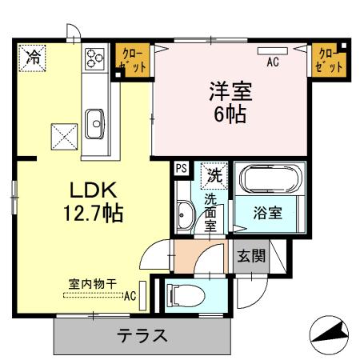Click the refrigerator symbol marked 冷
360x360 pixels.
pyautogui.click(x=33, y=58)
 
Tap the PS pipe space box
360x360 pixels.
pyautogui.click(x=181, y=169)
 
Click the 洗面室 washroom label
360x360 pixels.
pyautogui.click(x=210, y=212)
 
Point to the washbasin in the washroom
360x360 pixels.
pyautogui.click(x=185, y=214)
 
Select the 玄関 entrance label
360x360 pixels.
pyautogui.click(x=251, y=256)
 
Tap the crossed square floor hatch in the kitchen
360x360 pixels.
pyautogui.click(x=63, y=134)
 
